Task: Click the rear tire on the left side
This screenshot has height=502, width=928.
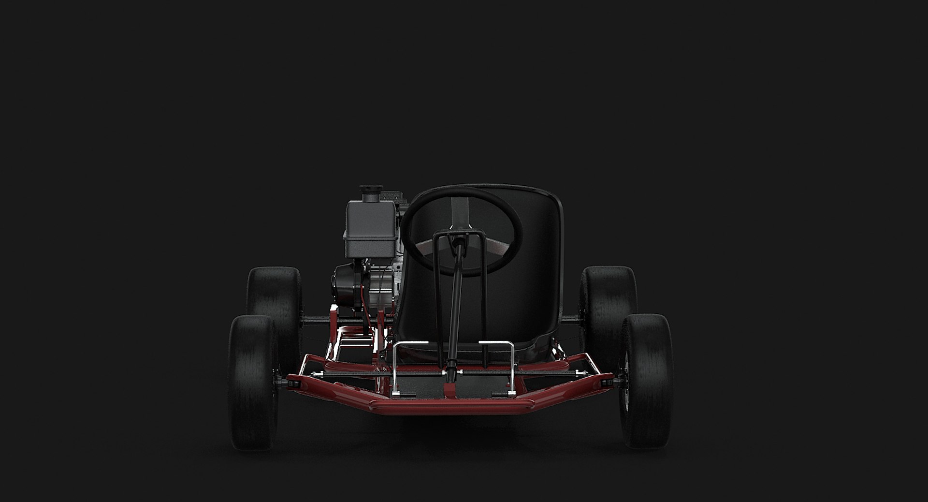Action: pos(275,293)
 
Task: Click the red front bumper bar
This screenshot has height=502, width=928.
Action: pos(411,404)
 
